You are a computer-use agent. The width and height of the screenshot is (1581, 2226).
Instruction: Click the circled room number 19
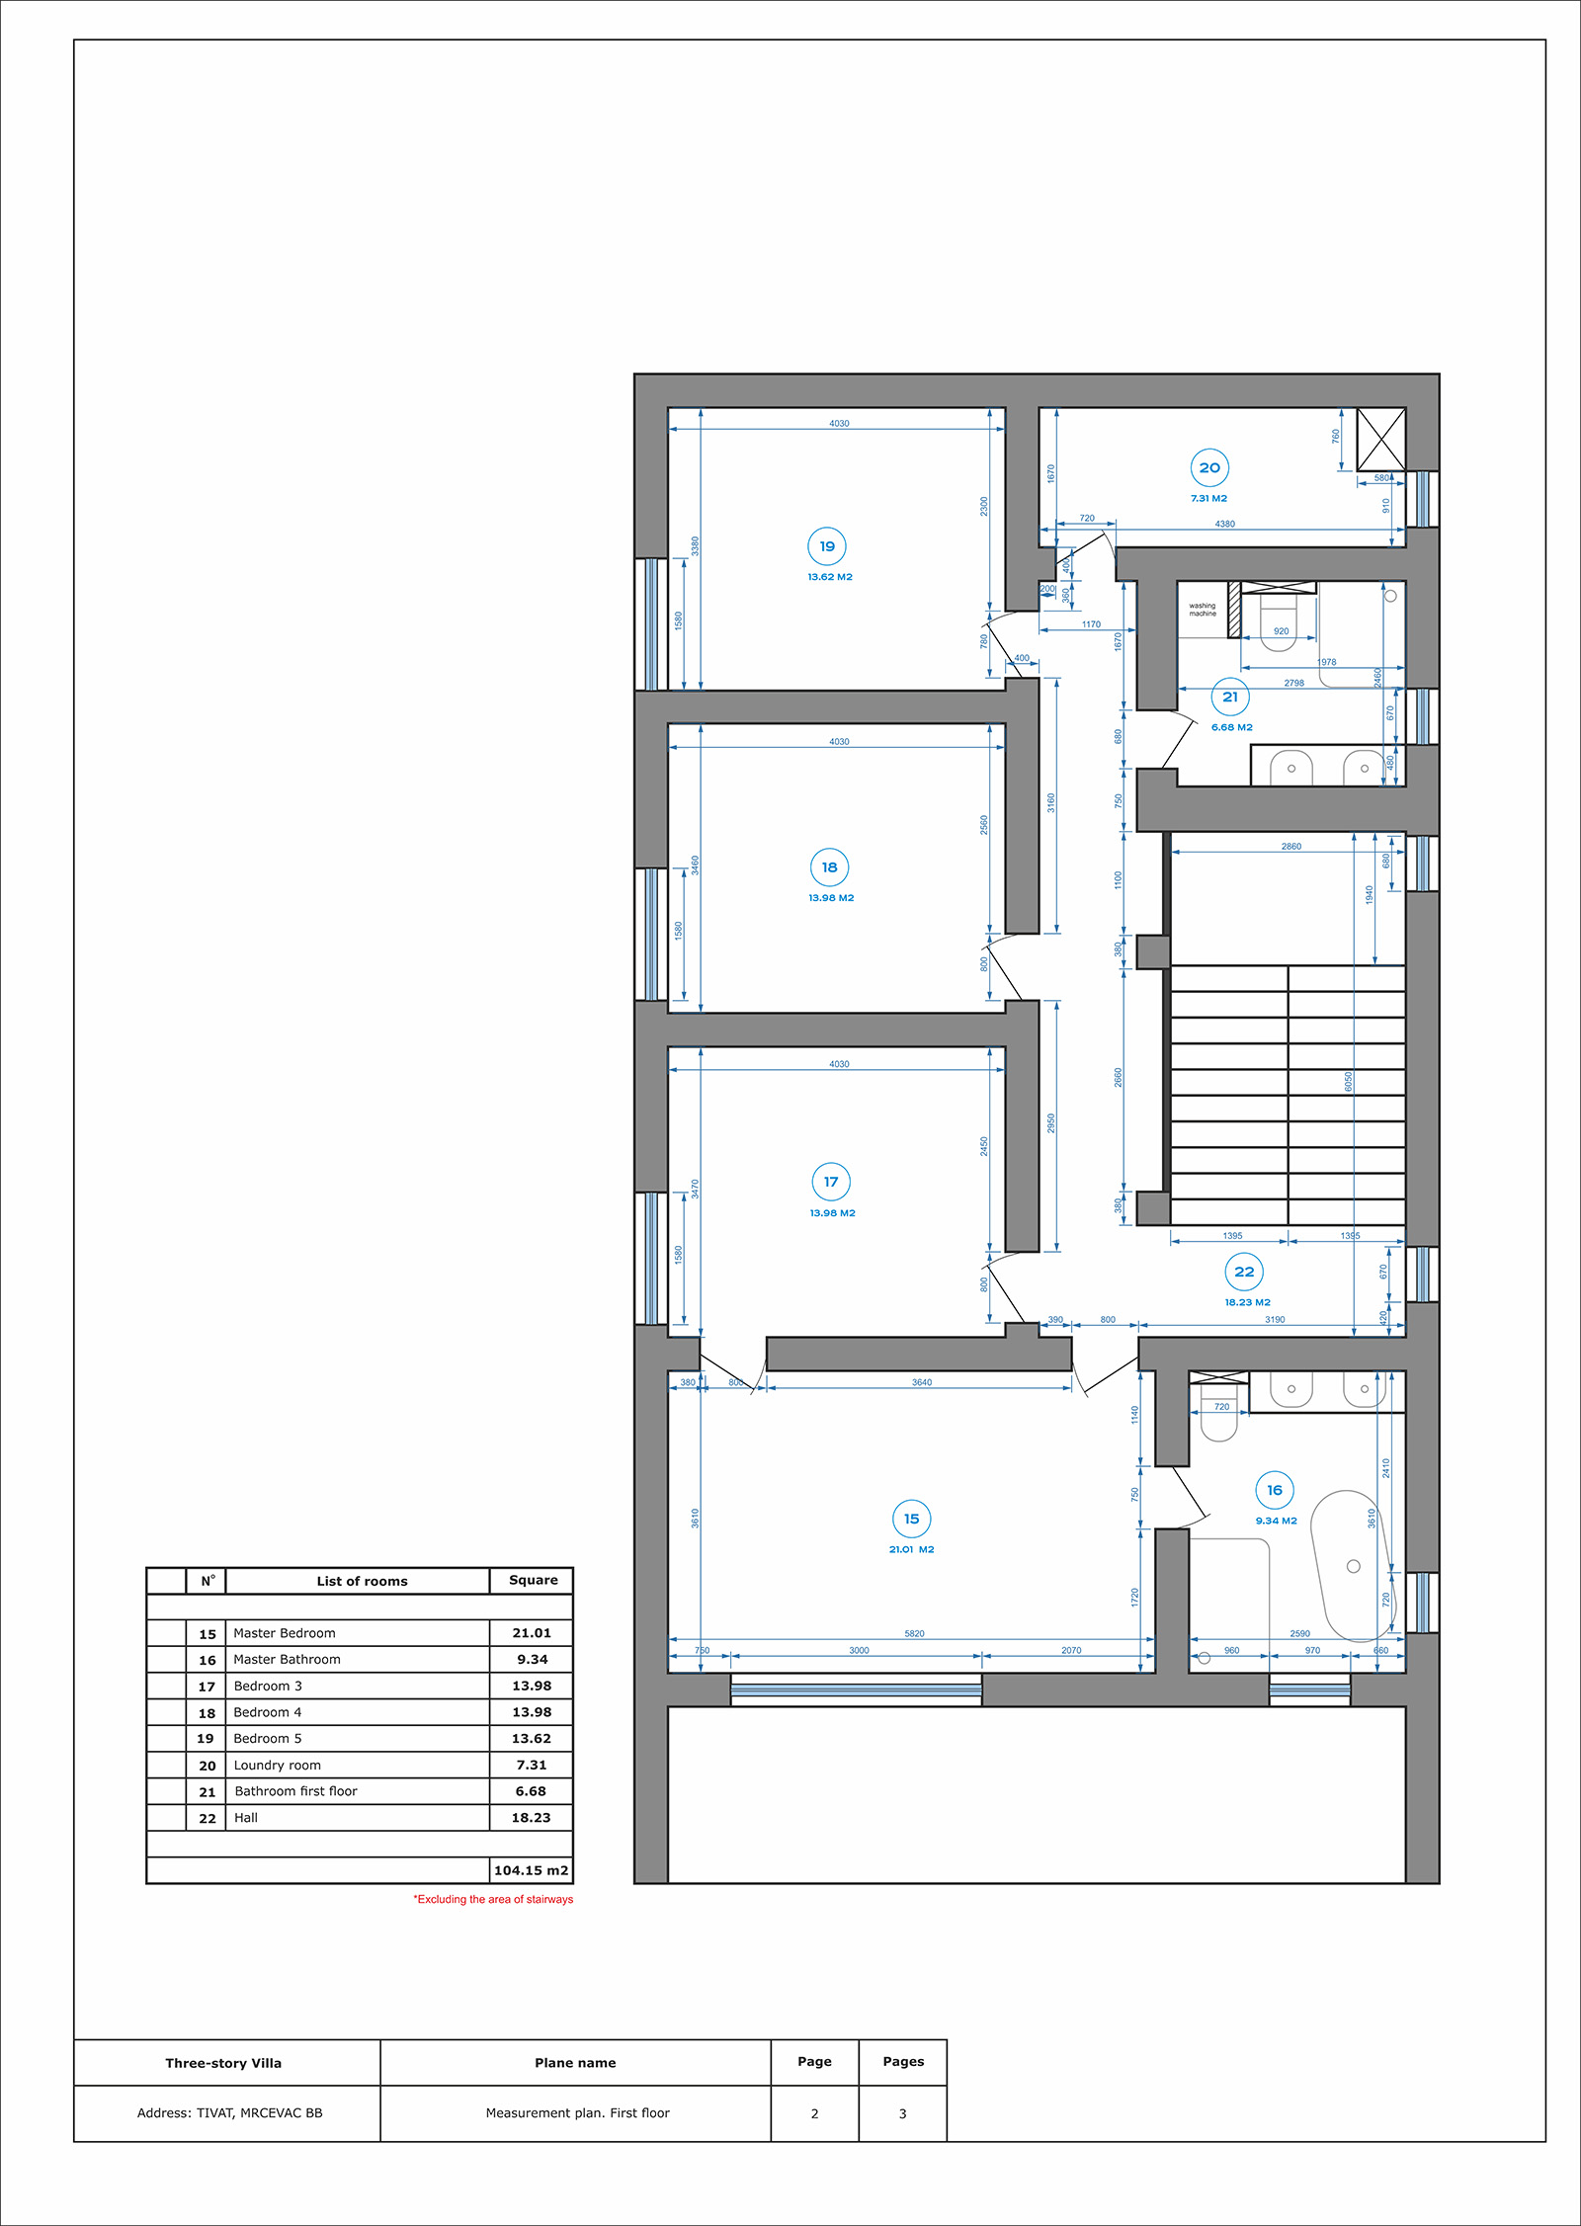pos(827,546)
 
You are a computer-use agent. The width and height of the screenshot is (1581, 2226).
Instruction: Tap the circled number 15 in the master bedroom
pos(911,1519)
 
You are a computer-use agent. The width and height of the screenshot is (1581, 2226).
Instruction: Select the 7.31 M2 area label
pos(1208,499)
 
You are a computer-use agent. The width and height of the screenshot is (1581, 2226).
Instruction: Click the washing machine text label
pos(1203,610)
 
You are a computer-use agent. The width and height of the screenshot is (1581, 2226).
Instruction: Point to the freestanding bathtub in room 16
pos(1350,1566)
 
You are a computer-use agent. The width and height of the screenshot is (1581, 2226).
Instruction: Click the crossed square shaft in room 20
pos(1381,440)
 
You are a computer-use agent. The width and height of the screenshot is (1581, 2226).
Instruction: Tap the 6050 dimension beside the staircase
pos(1348,1082)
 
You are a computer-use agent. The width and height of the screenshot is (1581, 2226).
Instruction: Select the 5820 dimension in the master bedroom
pos(914,1634)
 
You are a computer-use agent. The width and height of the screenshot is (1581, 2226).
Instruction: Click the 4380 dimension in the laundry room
pos(1224,524)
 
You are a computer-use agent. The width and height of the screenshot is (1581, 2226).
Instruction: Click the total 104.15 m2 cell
pos(531,1870)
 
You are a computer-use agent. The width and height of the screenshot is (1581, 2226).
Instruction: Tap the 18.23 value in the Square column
pos(531,1818)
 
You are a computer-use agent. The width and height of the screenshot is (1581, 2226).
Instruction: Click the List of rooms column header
pos(362,1581)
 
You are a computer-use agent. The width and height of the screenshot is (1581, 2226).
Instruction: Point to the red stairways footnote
pos(493,1899)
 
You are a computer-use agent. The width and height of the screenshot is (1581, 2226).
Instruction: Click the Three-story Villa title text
pos(223,2063)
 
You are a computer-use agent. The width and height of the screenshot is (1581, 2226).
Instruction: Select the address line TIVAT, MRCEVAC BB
pos(229,2113)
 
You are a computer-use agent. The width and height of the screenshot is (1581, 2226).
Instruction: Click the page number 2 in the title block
pos(814,2114)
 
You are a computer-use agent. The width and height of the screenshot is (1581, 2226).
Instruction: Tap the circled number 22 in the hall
pos(1244,1272)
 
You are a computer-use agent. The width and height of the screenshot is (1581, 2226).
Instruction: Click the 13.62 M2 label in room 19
pos(830,577)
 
